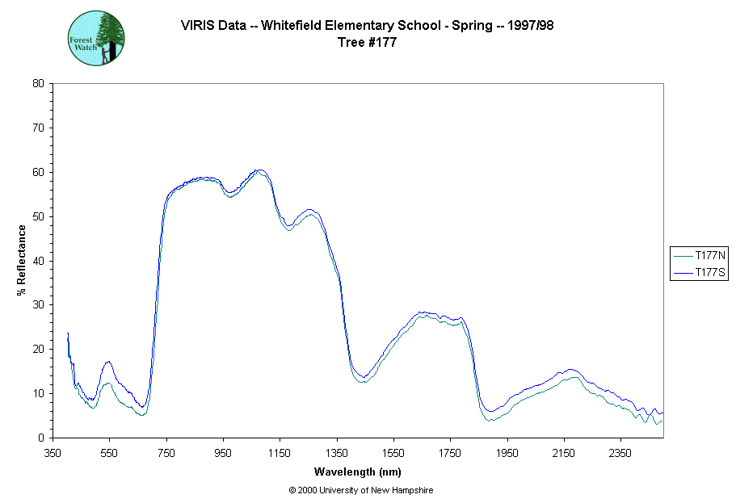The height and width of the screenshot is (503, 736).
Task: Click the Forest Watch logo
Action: (96, 38)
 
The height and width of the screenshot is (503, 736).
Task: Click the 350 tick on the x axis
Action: (53, 453)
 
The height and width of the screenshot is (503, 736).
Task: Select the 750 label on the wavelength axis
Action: (166, 453)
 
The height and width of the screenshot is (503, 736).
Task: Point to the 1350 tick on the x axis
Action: (337, 453)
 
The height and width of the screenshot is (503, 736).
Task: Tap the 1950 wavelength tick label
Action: (507, 453)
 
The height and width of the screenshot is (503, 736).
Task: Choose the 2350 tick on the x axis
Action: (620, 453)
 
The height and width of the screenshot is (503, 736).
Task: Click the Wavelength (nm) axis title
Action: (358, 472)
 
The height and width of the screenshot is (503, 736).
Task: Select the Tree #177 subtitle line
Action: (368, 42)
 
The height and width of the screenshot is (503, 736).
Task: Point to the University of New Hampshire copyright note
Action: (360, 490)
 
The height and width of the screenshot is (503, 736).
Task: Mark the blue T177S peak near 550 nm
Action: (108, 362)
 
